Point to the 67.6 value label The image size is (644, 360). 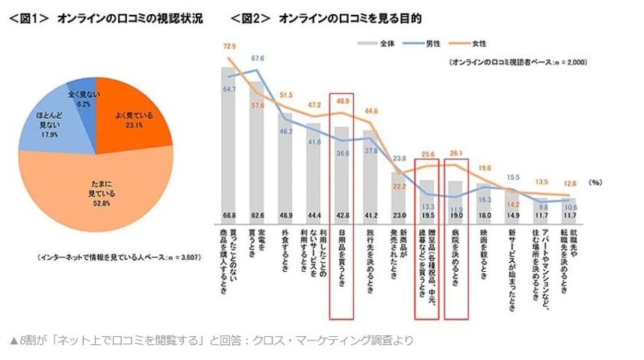click(x=258, y=58)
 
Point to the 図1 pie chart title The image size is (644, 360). click(x=105, y=17)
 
